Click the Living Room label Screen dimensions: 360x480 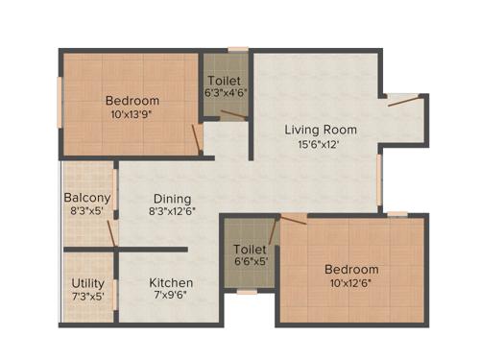tap(321, 130)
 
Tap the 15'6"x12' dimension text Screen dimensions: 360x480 tap(321, 144)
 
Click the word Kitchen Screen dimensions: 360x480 tap(171, 283)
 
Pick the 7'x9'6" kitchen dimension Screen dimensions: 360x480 tap(171, 296)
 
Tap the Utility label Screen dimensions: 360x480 tap(88, 283)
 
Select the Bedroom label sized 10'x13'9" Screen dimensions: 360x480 tap(132, 100)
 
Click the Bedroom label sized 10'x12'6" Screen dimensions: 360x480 tap(350, 270)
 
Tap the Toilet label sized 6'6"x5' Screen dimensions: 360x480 tap(250, 247)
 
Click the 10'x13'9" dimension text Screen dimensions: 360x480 tap(132, 113)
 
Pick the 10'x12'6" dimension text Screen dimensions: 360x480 tap(350, 283)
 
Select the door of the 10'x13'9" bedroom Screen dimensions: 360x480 tap(196, 140)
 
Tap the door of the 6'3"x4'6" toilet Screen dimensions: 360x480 tap(233, 115)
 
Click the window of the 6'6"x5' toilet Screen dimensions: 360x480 tap(247, 291)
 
